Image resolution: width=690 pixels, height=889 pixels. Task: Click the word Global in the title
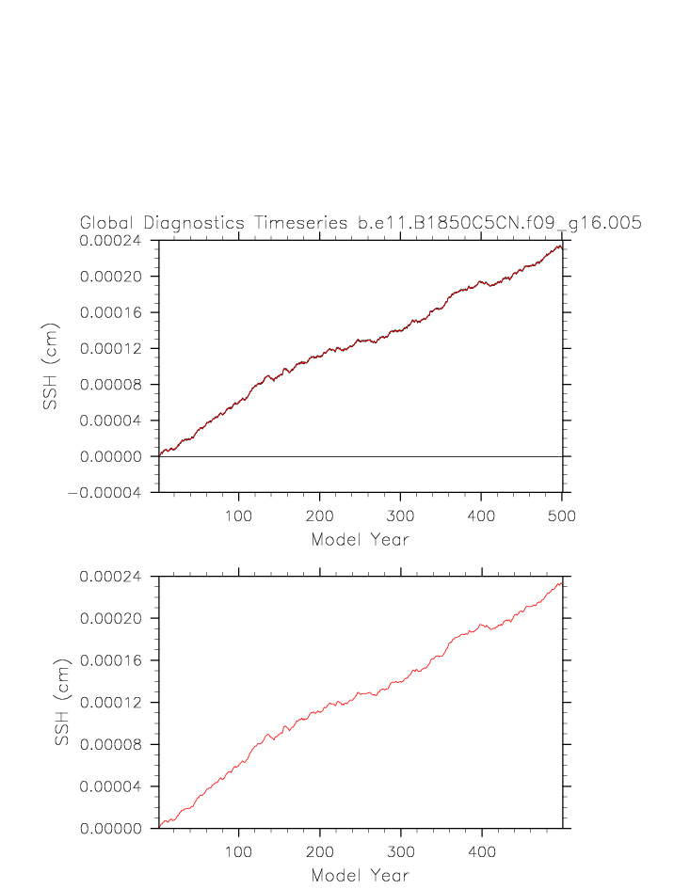107,224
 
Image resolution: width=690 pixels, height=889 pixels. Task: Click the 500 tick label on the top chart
562,516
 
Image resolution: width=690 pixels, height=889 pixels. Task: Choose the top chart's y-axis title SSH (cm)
51,367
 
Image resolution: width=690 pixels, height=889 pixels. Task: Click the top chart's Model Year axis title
360,540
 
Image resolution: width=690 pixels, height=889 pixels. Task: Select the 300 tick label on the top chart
401,516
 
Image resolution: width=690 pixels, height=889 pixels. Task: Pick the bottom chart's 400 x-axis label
482,852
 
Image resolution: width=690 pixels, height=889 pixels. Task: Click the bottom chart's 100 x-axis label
239,852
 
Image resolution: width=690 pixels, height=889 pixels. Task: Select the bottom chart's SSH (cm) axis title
63,703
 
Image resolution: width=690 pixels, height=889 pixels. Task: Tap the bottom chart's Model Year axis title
360,876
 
